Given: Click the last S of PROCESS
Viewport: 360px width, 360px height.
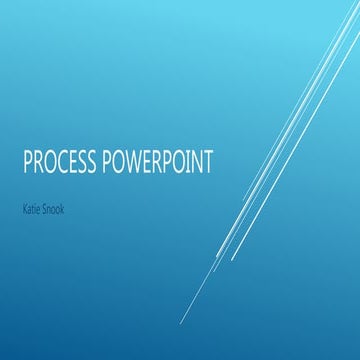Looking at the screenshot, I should pyautogui.click(x=91, y=162).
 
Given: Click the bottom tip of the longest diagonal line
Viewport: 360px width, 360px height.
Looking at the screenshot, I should pyautogui.click(x=181, y=322).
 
